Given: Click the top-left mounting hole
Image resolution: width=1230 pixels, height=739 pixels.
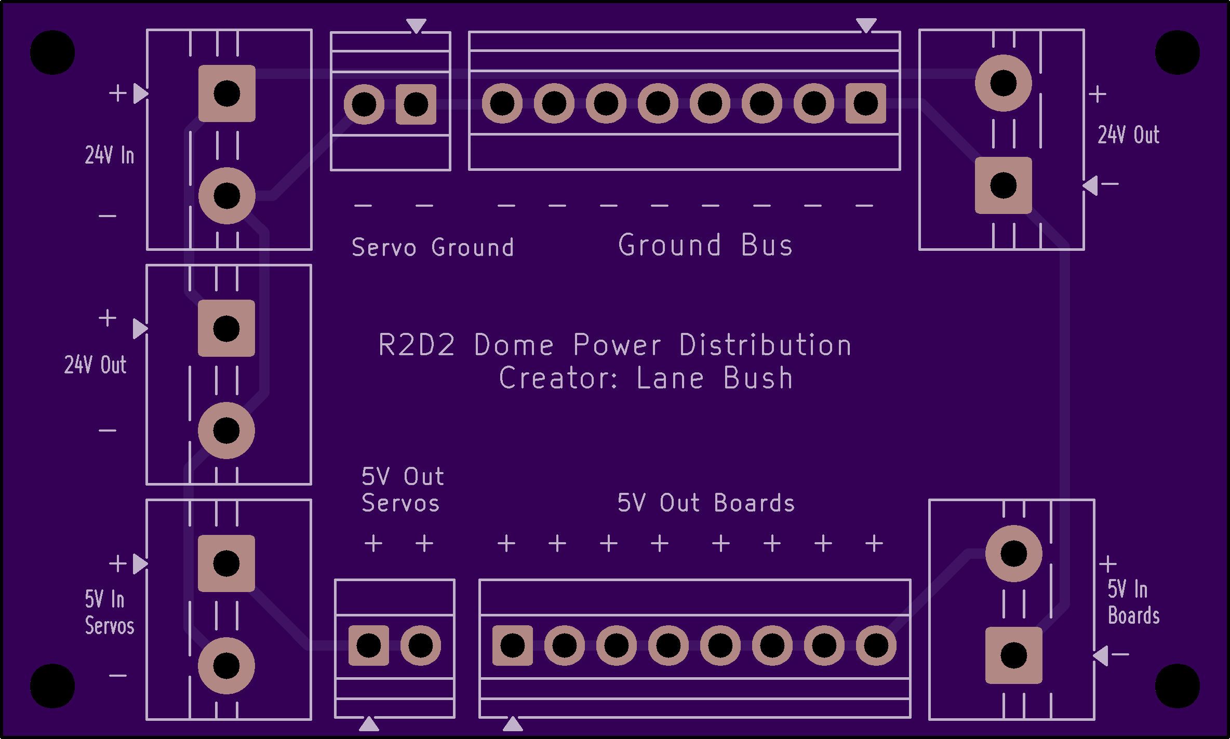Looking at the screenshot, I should [52, 52].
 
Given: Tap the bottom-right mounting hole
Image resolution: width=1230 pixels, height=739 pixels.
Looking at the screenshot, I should [1177, 686].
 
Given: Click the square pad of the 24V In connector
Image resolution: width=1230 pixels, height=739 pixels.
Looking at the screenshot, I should [227, 93].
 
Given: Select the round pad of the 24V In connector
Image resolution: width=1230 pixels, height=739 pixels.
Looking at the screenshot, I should [227, 196].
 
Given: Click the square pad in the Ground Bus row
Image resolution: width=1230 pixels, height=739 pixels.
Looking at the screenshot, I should [865, 103].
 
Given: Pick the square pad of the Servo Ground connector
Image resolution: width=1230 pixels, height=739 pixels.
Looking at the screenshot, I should [416, 104].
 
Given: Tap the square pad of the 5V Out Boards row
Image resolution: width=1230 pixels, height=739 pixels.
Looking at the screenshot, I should [513, 646].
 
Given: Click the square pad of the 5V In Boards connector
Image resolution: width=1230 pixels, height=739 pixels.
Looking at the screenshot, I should [1013, 655].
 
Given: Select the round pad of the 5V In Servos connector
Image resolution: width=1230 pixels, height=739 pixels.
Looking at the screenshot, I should [226, 666].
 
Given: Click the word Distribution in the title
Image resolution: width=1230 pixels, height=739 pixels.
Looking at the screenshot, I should [766, 345].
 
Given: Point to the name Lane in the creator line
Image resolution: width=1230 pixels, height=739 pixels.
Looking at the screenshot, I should [670, 378].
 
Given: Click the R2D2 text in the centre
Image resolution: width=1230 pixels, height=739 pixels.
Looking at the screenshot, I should [417, 345].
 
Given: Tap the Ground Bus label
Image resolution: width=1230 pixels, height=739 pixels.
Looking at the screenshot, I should [705, 245].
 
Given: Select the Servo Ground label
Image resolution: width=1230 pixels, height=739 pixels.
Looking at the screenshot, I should [433, 247].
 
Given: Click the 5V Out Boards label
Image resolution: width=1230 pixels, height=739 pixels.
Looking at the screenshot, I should [706, 503].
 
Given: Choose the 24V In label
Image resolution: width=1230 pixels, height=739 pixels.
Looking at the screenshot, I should [110, 155].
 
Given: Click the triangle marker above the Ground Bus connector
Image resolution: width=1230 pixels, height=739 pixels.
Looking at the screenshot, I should [866, 25].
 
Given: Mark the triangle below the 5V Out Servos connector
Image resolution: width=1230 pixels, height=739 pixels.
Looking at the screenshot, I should [369, 723].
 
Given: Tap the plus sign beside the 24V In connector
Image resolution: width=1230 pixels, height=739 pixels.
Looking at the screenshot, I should [118, 93].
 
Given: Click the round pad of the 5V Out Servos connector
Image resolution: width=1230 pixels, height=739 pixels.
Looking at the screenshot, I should [420, 646].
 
